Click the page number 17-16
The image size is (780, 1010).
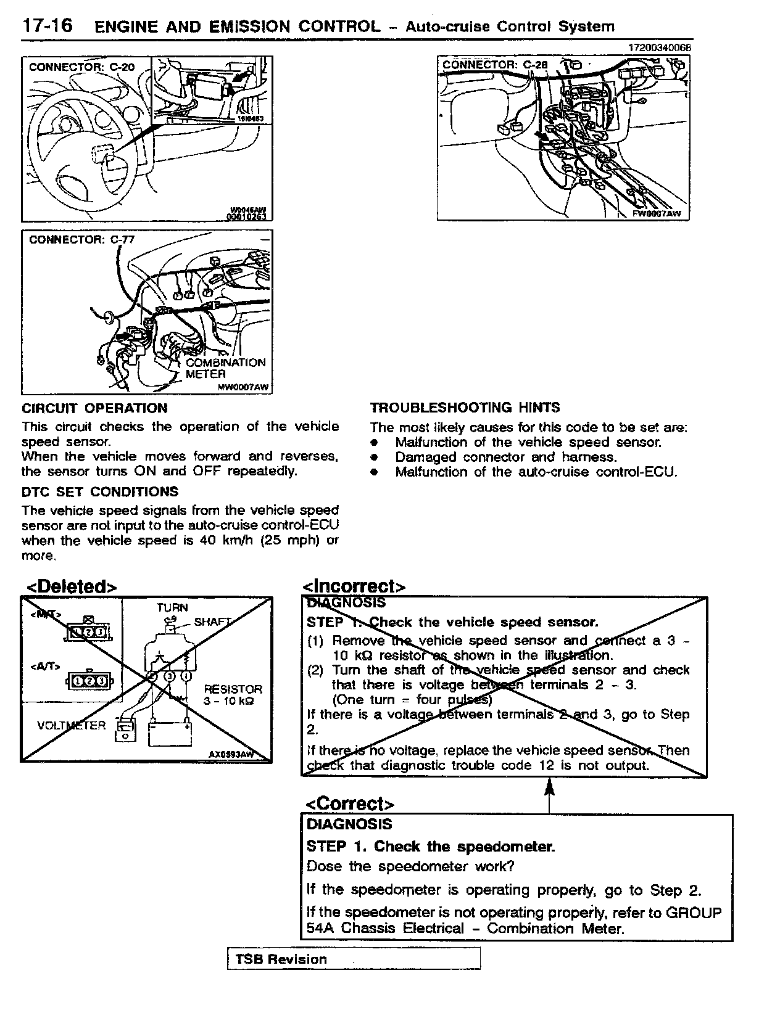coord(47,25)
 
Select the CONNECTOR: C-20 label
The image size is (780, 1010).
coord(81,67)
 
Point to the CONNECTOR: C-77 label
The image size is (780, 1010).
coord(81,239)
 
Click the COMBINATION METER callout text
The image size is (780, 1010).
coord(225,368)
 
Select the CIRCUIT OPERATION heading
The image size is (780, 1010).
coord(94,408)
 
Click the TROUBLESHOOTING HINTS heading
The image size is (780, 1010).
coord(465,408)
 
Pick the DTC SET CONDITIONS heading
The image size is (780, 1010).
coord(100,491)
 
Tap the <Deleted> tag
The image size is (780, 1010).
coord(70,586)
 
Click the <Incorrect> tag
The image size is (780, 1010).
coord(354,586)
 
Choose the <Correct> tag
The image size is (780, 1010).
coord(350,804)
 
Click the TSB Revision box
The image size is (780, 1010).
coord(353,959)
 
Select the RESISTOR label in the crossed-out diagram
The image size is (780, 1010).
coord(233,689)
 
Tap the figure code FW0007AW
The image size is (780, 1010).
coord(657,213)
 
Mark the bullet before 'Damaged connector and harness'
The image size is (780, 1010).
coord(373,458)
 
